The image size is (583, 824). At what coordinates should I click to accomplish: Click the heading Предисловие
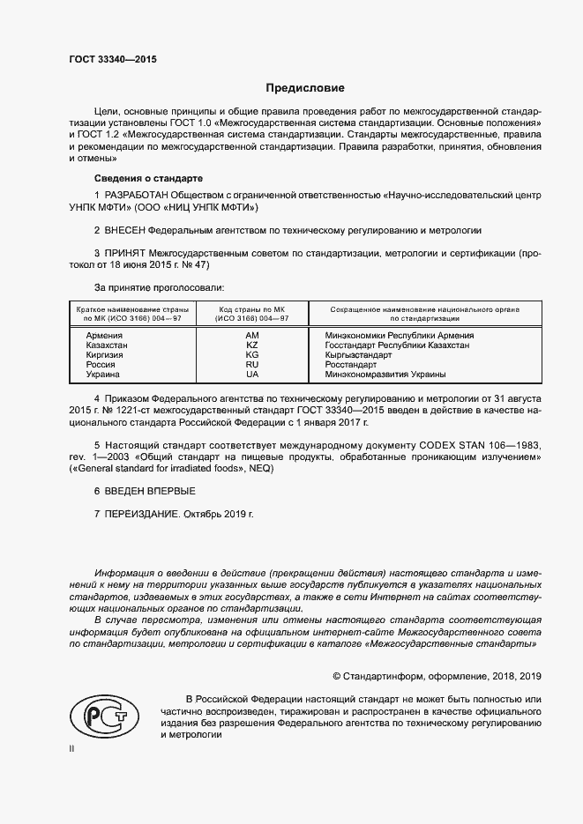305,88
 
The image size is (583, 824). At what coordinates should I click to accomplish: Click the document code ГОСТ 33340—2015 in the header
112,60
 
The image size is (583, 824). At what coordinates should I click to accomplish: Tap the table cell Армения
104,336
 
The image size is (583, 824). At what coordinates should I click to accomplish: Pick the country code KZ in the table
251,345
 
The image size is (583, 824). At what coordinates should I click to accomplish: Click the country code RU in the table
251,364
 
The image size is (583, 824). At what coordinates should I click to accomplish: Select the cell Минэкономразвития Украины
385,374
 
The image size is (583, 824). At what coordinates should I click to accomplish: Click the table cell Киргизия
106,355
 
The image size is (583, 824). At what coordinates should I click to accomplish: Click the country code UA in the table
251,374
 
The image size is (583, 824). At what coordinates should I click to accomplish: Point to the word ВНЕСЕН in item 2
124,230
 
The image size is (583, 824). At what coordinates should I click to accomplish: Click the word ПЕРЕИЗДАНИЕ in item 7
142,513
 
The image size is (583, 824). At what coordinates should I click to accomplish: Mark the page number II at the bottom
72,747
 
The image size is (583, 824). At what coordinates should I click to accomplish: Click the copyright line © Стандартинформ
437,676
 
